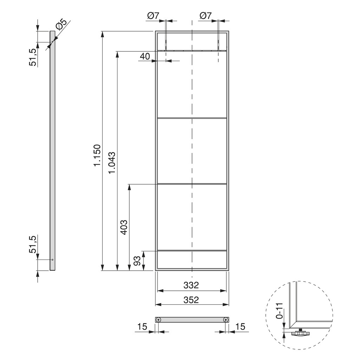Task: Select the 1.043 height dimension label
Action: coord(112,162)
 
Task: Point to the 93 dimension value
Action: coord(137,261)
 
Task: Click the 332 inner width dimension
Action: coord(191,285)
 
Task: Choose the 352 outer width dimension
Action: coord(191,300)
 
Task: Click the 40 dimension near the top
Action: coord(145,56)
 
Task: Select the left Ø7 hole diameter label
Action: coord(154,15)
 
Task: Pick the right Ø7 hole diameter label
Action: coord(205,15)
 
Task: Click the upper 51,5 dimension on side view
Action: coord(33,57)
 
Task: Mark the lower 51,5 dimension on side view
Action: coord(33,244)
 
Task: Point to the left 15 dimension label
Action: coord(142,326)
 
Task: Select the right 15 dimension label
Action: coord(240,326)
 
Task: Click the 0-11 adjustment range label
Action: coord(279,311)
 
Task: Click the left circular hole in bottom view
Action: coord(159,320)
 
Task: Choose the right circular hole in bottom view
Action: coord(225,320)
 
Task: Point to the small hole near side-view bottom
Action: coord(52,260)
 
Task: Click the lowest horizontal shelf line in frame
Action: coord(192,251)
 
